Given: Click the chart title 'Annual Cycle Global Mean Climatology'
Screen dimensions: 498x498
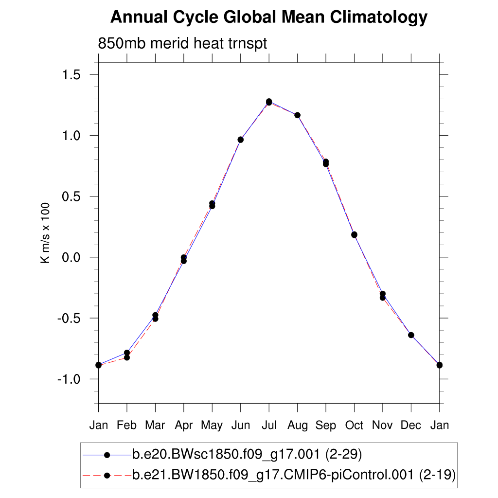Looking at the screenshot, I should click(268, 18).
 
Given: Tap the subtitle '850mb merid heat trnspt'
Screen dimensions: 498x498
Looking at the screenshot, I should click(183, 43).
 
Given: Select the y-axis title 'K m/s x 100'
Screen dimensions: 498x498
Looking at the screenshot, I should click(45, 233).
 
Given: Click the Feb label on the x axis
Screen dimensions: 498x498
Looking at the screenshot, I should click(127, 425).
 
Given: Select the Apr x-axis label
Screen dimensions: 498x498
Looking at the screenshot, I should click(184, 425).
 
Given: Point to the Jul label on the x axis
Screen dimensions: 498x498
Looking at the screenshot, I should click(269, 425).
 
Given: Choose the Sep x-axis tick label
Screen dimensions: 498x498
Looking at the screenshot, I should click(326, 425).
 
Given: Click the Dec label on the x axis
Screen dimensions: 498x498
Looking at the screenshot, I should click(411, 425).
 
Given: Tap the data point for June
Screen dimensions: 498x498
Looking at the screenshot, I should click(240, 140).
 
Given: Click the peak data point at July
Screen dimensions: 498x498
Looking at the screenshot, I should click(269, 102).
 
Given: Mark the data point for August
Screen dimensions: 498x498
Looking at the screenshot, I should click(297, 115).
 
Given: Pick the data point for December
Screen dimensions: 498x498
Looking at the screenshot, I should click(411, 335).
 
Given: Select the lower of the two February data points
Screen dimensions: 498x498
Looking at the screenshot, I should click(127, 357).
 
